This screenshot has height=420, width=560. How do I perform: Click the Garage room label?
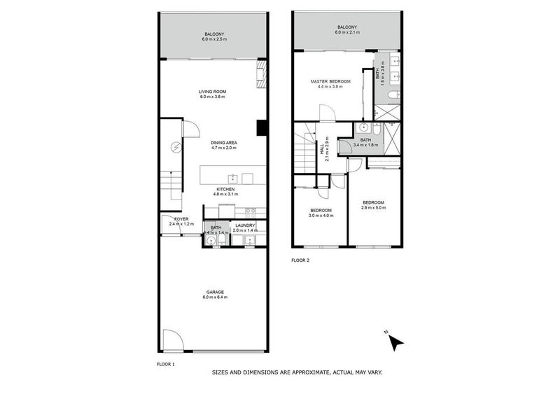[215, 291]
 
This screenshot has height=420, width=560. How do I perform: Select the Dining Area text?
[224, 143]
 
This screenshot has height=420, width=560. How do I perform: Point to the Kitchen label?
[225, 189]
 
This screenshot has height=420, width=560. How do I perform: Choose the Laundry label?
[245, 225]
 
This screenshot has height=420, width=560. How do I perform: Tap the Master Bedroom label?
[329, 82]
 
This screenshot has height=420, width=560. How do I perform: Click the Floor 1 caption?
[165, 364]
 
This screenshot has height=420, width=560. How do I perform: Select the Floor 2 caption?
[300, 260]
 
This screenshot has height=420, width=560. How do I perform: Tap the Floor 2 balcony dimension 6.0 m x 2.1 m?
[346, 33]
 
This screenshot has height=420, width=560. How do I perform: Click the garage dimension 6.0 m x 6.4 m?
[215, 297]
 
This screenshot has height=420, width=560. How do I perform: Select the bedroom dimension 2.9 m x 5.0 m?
[372, 207]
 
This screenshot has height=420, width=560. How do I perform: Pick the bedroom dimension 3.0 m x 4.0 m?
[321, 215]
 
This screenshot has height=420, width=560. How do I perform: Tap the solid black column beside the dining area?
[262, 127]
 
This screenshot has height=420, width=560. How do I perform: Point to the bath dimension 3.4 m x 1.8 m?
[365, 145]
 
